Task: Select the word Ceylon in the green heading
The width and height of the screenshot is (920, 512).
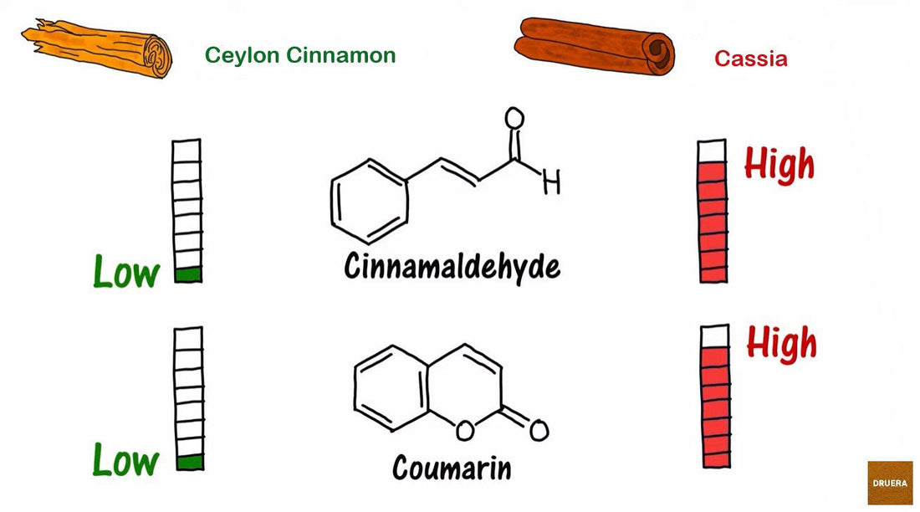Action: click(242, 55)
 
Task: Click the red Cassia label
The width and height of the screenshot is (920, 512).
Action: click(750, 58)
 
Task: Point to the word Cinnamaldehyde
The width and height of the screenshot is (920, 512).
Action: click(452, 267)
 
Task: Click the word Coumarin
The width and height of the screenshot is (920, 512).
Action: click(451, 467)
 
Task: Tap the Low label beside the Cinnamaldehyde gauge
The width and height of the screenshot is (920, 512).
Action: click(125, 273)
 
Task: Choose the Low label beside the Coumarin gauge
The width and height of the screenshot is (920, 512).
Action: click(125, 460)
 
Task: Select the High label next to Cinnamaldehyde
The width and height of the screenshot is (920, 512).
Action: click(779, 165)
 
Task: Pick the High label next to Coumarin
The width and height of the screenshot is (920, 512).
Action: click(781, 343)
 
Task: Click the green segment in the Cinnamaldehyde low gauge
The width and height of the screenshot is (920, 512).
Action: click(188, 274)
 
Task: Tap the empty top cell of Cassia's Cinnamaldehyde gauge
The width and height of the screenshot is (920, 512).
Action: click(712, 151)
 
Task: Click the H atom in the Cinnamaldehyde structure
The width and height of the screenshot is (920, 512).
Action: click(551, 182)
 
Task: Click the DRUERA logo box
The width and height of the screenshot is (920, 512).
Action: click(890, 483)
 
